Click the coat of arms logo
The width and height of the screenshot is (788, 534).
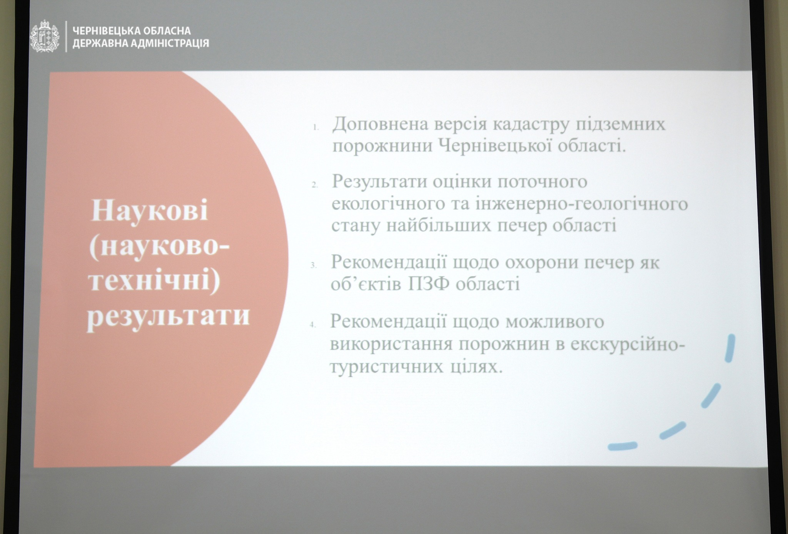pos(45,37)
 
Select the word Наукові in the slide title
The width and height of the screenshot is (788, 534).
pos(149,211)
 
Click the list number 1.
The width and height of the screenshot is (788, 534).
pos(316,127)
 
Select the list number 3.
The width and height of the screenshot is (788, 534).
pos(314,265)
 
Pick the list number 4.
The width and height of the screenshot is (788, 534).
pos(313,325)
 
